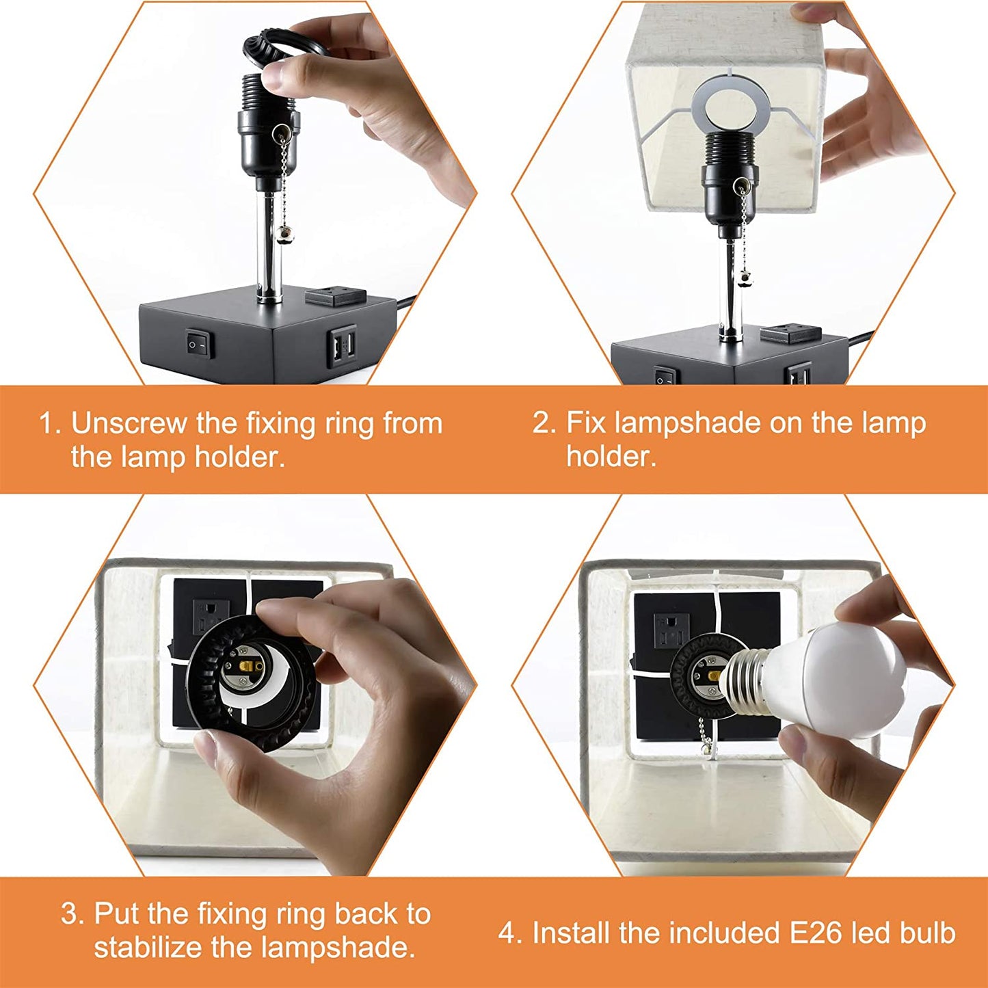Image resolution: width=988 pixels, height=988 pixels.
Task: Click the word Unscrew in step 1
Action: [129, 423]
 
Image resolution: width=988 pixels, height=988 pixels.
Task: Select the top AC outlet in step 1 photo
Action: [335, 297]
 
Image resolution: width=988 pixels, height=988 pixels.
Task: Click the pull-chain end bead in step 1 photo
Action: [281, 236]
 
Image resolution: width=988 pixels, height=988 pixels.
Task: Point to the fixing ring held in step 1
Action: [282, 50]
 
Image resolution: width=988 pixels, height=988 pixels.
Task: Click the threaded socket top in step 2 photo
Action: [728, 150]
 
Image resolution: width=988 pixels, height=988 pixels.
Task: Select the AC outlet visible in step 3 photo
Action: [207, 623]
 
